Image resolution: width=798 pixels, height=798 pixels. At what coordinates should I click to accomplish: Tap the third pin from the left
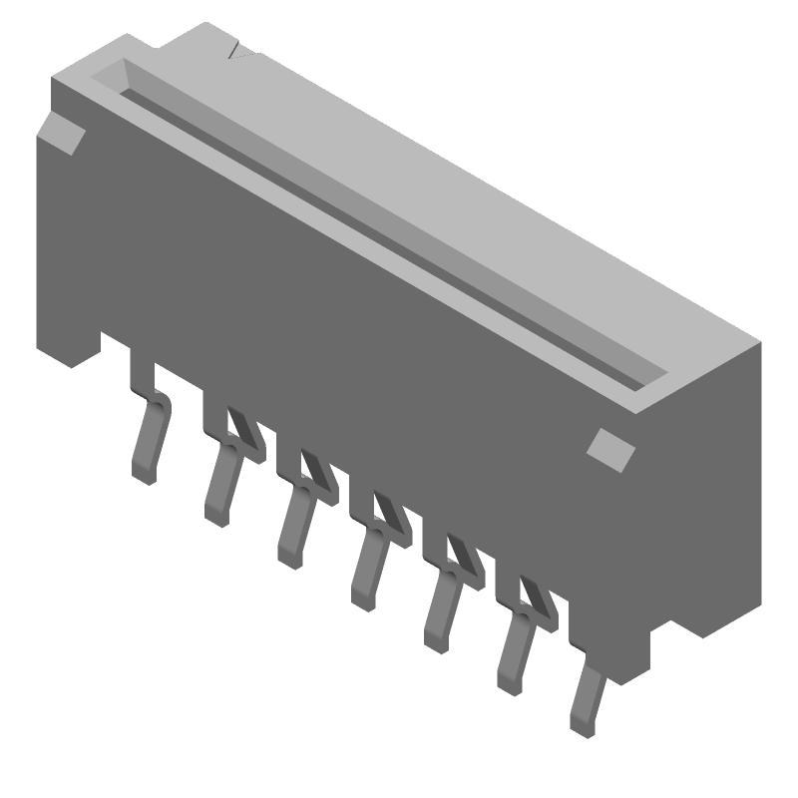click(295, 529)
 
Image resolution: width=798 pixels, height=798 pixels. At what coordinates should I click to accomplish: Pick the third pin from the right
click(441, 610)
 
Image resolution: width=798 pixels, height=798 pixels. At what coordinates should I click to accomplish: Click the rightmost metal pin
click(586, 703)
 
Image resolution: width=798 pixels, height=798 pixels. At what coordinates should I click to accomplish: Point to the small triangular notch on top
click(237, 52)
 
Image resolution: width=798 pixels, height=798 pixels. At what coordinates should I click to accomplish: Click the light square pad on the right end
click(610, 448)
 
